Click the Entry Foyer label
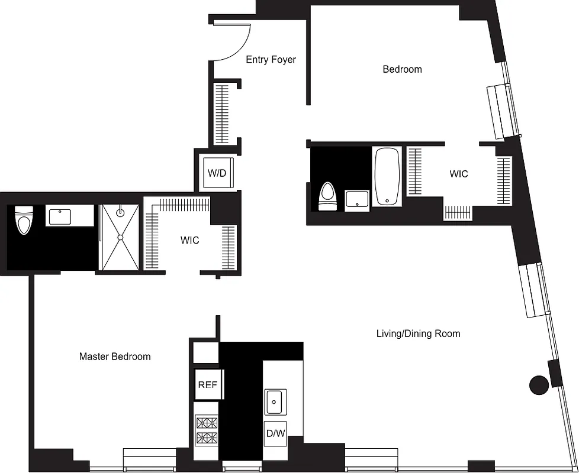pyautogui.click(x=271, y=59)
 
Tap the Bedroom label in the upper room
pyautogui.click(x=402, y=69)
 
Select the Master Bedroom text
pyautogui.click(x=115, y=357)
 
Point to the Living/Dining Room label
pyautogui.click(x=418, y=333)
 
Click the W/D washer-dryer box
pyautogui.click(x=217, y=173)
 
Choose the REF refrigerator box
pyautogui.click(x=207, y=384)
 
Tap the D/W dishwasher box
pyautogui.click(x=275, y=434)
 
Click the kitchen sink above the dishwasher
pyautogui.click(x=275, y=402)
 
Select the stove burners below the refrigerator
pyautogui.click(x=207, y=430)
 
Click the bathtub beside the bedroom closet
pyautogui.click(x=387, y=176)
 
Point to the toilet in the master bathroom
pyautogui.click(x=23, y=220)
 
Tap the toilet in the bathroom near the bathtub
pyautogui.click(x=327, y=196)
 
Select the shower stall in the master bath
pyautogui.click(x=120, y=238)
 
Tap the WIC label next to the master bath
pyautogui.click(x=190, y=241)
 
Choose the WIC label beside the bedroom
pyautogui.click(x=459, y=174)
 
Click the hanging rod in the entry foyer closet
pyautogui.click(x=221, y=114)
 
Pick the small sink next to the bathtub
pyautogui.click(x=357, y=199)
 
